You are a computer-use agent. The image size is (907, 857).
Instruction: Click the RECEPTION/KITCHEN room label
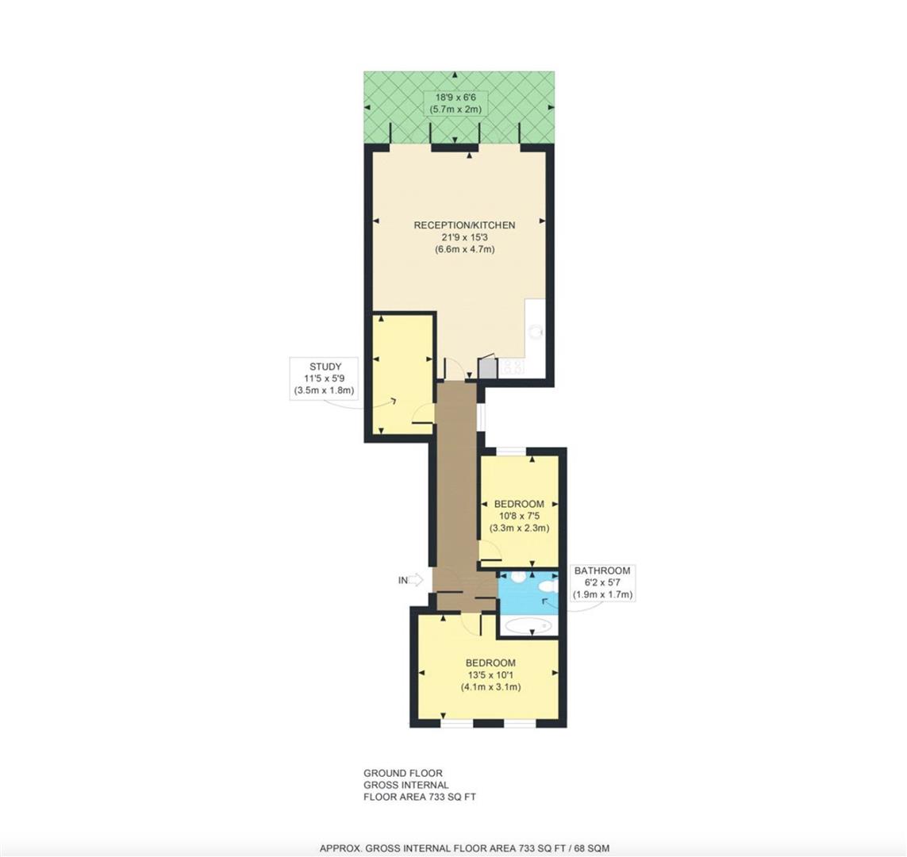464,225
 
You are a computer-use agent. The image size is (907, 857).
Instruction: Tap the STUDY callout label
325,366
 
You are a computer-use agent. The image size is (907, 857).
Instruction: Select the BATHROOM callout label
601,571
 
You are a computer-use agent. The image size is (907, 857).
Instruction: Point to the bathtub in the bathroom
528,625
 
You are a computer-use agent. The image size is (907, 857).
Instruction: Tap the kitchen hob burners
514,366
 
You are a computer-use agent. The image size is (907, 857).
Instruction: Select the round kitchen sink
536,332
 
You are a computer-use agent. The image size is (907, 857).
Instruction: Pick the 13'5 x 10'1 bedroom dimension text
490,674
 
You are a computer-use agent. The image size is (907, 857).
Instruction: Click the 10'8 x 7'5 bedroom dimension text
520,516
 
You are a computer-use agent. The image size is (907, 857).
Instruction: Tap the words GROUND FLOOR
403,773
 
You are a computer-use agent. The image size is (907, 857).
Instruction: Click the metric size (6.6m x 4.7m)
464,250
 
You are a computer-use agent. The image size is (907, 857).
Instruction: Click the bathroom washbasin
518,576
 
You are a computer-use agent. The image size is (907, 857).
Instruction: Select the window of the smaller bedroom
511,451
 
